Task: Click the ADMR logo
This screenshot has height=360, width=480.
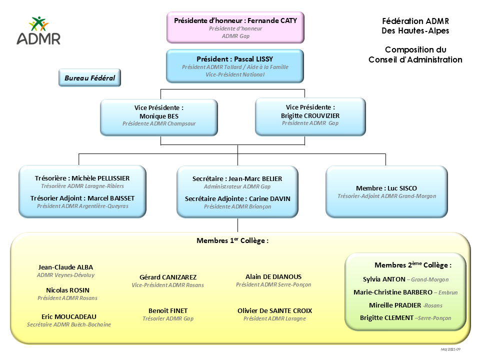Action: tap(38, 31)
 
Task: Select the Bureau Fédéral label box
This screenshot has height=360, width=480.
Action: tap(90, 78)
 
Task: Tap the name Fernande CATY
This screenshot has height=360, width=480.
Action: tap(272, 20)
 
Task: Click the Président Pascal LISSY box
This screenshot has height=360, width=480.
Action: tap(234, 65)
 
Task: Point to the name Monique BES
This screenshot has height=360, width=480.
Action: tap(158, 115)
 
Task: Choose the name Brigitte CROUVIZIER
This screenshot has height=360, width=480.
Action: tap(310, 115)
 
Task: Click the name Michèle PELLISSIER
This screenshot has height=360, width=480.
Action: tap(100, 178)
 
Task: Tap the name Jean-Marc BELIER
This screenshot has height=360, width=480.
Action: tap(255, 178)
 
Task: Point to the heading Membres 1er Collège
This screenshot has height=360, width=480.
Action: tap(232, 240)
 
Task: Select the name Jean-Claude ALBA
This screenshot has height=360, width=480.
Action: tap(65, 267)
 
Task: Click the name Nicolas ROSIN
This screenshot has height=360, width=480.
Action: tap(67, 290)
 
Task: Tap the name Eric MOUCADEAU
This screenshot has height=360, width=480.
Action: tap(69, 316)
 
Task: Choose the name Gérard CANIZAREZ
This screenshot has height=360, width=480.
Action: tap(168, 277)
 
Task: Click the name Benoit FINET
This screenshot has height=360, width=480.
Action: tap(168, 310)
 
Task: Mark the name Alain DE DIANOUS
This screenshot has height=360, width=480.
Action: tap(273, 276)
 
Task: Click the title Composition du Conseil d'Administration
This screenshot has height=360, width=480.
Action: tap(415, 54)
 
